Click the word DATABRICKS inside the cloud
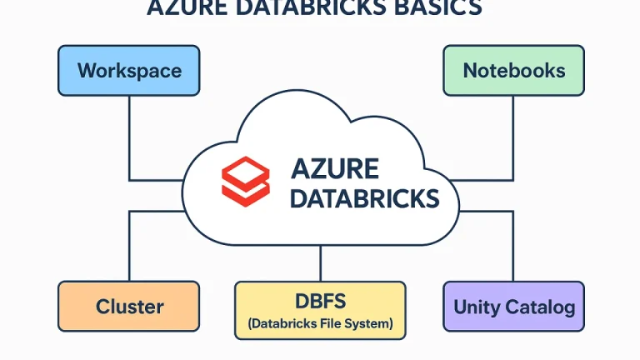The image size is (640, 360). click(x=364, y=197)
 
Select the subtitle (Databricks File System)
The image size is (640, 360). click(x=320, y=322)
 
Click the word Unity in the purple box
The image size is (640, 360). click(x=477, y=307)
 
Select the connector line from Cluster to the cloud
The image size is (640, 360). click(x=129, y=246)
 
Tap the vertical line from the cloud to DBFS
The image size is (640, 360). click(x=320, y=265)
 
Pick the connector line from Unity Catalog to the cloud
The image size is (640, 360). click(x=513, y=246)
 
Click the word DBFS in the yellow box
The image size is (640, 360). click(x=320, y=300)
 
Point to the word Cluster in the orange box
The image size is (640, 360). click(x=129, y=307)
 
